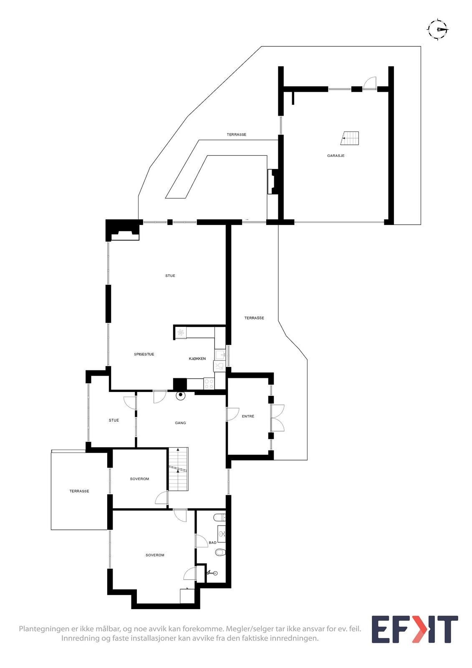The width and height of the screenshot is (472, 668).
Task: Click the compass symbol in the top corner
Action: [437, 29]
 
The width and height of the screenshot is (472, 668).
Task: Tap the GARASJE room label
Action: [336, 156]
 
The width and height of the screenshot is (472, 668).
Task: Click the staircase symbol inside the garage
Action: [350, 138]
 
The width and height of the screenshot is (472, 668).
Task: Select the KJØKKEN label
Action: [197, 359]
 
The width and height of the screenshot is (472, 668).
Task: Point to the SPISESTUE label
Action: [144, 354]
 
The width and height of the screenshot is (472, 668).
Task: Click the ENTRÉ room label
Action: [248, 416]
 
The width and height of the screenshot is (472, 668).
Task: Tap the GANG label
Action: [180, 423]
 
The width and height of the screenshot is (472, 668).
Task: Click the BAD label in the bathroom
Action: [212, 543]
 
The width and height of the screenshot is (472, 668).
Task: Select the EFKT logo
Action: [414, 629]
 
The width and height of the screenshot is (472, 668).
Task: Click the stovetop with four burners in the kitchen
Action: [209, 384]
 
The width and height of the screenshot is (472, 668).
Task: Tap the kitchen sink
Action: [220, 355]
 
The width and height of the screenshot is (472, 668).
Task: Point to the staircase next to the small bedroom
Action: [178, 469]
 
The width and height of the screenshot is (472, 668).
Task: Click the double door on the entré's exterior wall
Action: [277, 418]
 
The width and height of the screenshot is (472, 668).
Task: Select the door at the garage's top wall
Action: [369, 83]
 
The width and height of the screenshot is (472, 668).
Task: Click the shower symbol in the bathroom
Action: [212, 574]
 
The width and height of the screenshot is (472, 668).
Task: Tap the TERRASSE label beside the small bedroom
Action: [79, 491]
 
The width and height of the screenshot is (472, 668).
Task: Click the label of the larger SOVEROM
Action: [155, 555]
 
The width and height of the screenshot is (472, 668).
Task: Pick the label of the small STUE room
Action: [114, 420]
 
